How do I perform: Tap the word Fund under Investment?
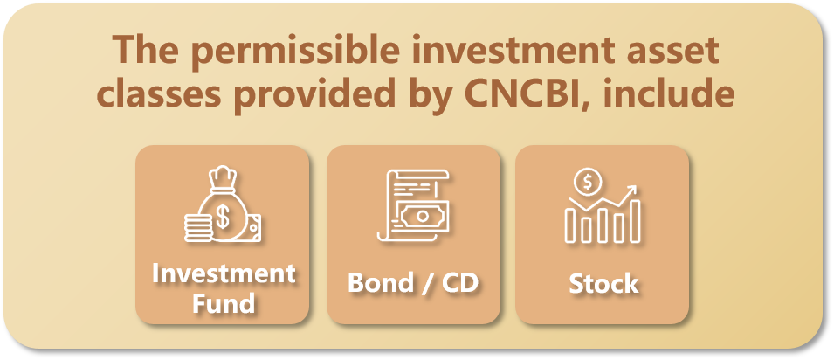click(x=223, y=303)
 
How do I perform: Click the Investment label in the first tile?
click(x=223, y=273)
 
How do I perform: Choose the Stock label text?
click(x=603, y=284)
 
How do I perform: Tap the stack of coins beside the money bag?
click(x=197, y=227)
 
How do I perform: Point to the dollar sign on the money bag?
click(x=223, y=217)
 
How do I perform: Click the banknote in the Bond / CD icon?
click(x=422, y=216)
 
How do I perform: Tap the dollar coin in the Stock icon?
click(x=587, y=183)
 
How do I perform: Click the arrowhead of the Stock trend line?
click(x=632, y=190)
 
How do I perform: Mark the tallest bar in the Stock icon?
click(x=635, y=221)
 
